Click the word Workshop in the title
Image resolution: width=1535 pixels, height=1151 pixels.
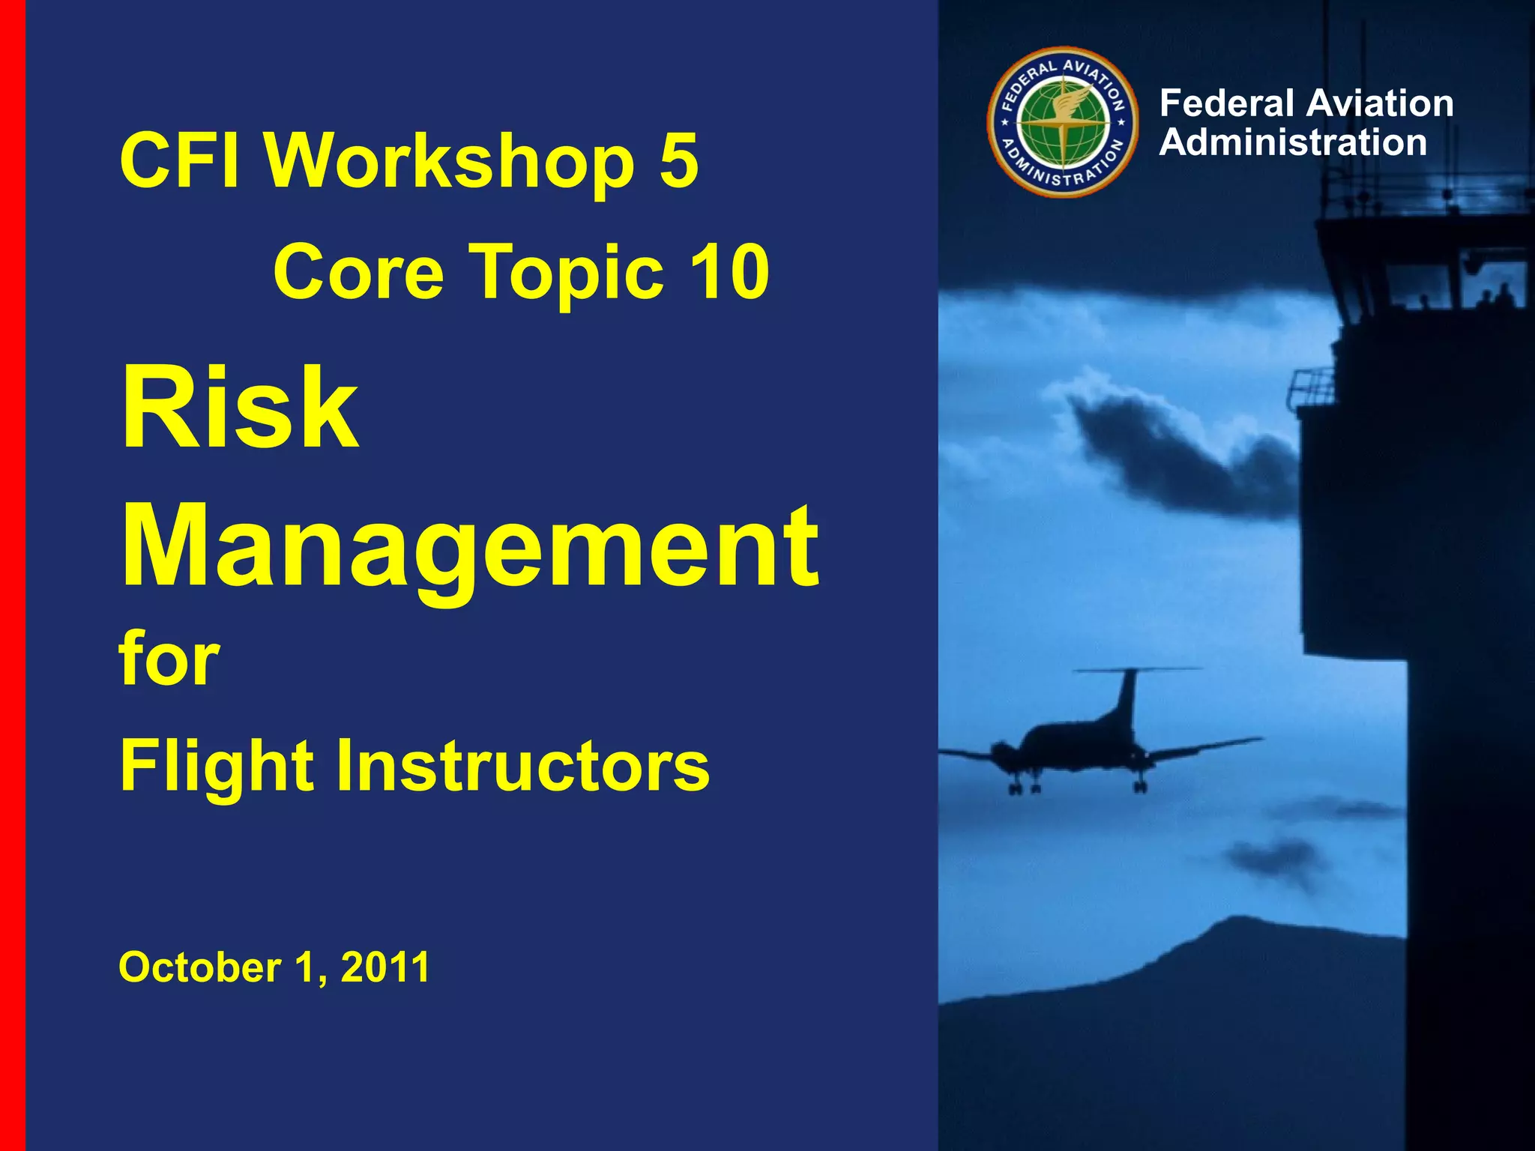point(450,161)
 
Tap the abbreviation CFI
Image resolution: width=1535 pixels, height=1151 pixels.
point(180,160)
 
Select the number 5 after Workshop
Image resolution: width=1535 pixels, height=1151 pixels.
point(679,160)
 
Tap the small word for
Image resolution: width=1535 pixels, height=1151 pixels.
point(169,659)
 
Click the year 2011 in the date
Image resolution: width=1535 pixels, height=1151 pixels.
point(385,967)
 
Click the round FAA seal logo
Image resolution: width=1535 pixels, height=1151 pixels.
point(1062,122)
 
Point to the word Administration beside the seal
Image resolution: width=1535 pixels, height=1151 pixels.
point(1293,142)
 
